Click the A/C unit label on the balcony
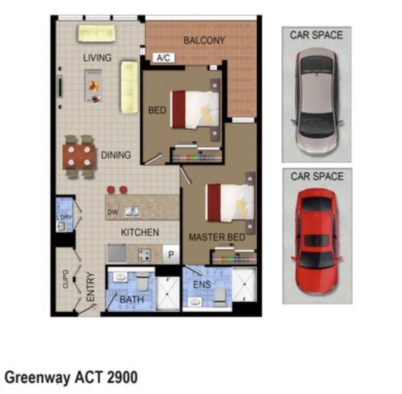click(163, 58)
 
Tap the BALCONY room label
click(204, 40)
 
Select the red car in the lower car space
click(317, 241)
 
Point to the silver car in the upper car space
click(317, 101)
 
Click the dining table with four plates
click(79, 157)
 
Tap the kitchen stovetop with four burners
click(145, 254)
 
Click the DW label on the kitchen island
click(113, 213)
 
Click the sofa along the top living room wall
click(97, 34)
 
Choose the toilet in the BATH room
click(143, 281)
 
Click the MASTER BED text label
click(217, 237)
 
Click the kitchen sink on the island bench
click(132, 212)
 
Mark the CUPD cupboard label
click(66, 279)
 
